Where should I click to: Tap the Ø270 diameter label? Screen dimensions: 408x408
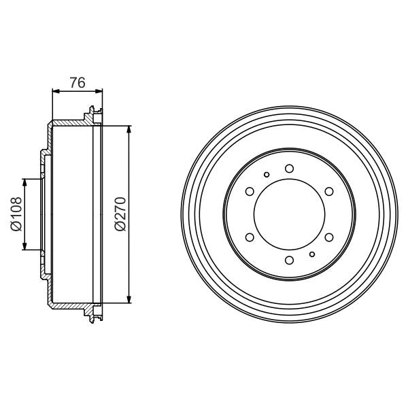pos(120,214)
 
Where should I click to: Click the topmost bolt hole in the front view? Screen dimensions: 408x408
pos(289,168)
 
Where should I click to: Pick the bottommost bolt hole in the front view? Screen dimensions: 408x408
pos(289,260)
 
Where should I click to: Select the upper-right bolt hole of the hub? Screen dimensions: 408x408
pos(329,191)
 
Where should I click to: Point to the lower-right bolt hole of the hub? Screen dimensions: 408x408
pos(329,237)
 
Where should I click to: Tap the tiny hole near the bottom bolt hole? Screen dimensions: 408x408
pos(311,254)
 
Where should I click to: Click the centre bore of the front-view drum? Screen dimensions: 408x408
pos(289,214)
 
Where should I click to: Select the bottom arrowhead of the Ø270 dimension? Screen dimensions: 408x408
pos(129,299)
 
